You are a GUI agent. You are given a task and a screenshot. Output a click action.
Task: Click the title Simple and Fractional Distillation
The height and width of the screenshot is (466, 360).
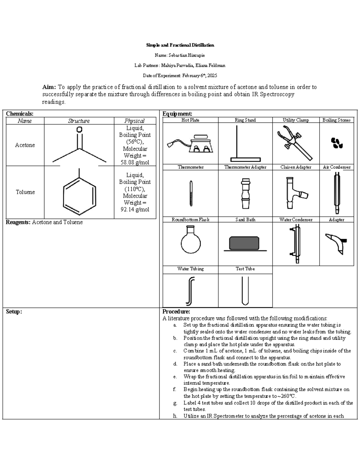coord(180,45)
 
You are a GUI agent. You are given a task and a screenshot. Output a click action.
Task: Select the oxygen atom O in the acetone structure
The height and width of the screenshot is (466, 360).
coord(79,130)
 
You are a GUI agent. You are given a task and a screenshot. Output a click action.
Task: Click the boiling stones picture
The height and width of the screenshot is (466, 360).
coord(337,143)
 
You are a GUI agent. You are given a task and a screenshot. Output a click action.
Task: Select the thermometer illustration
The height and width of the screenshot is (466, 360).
coord(190,193)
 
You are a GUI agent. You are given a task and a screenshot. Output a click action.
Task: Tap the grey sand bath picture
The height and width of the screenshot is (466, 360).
coord(244,243)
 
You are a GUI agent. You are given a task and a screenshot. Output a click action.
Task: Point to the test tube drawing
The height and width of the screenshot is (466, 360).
coord(245,290)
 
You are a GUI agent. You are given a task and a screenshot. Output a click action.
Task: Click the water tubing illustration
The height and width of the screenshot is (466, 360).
coord(190,290)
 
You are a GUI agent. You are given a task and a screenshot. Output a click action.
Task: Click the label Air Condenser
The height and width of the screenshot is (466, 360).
coord(337,167)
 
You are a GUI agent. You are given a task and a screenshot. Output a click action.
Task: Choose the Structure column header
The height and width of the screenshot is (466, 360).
coord(79,121)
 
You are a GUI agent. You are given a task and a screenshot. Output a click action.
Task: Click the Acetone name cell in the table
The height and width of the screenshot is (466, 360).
coord(25,145)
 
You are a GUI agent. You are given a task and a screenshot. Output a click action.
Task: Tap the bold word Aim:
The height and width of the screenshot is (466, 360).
coord(49,87)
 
